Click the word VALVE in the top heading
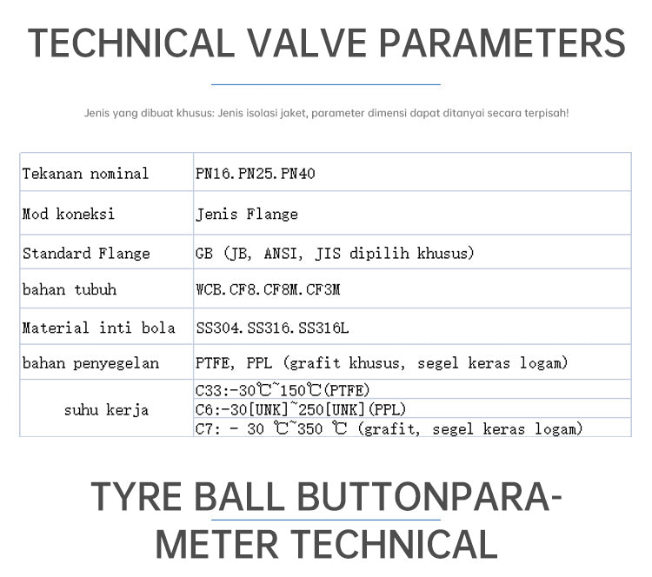click(x=307, y=43)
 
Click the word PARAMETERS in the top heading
click(x=502, y=43)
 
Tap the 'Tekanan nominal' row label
click(x=85, y=173)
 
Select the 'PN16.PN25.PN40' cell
click(x=256, y=173)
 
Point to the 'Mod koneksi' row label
click(x=68, y=214)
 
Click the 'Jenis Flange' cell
click(x=247, y=214)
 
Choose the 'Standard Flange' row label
click(x=86, y=253)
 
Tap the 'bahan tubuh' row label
click(x=70, y=289)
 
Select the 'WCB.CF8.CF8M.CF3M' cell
click(x=268, y=289)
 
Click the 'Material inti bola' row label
click(x=98, y=328)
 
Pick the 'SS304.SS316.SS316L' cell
click(x=272, y=328)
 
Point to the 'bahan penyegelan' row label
click(x=90, y=363)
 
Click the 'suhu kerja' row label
click(x=106, y=410)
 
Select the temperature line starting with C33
click(x=283, y=390)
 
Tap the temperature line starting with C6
click(x=301, y=409)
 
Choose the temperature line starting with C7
click(x=389, y=428)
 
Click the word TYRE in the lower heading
click(x=136, y=496)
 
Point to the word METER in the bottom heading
click(x=216, y=544)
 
